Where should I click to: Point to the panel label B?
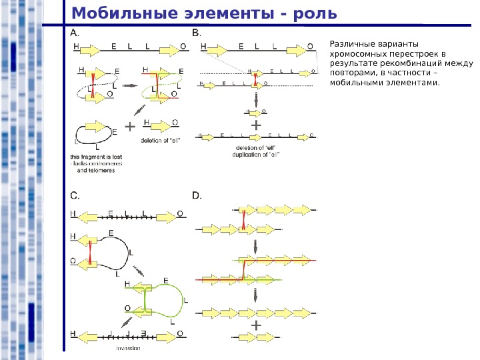195,31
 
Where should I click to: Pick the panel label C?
75,195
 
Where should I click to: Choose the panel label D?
196,195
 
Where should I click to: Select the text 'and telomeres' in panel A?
96,171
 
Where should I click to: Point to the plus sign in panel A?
129,125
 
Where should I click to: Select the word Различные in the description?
347,45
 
